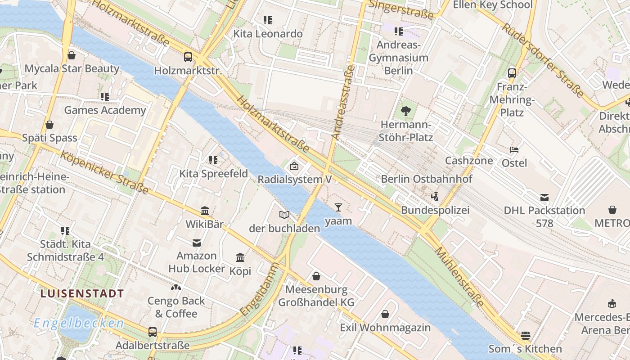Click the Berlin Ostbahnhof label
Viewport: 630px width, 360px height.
[427, 179]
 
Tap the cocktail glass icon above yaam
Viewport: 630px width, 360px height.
[338, 207]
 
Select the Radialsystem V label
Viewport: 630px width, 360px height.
[294, 179]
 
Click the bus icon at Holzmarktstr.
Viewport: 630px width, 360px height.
[188, 57]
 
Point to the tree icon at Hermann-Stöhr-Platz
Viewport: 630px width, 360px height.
[406, 111]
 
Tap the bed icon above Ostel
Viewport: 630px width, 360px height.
[514, 149]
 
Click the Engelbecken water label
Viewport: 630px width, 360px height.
[79, 323]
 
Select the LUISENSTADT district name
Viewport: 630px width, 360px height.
[82, 294]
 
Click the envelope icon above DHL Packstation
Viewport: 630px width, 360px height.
[544, 197]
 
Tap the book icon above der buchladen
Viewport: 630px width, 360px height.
[284, 215]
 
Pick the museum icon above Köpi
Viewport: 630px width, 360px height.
[240, 258]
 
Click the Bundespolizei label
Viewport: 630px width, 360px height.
[435, 210]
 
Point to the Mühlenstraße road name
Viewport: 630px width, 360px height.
[459, 276]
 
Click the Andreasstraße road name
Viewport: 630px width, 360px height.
[343, 102]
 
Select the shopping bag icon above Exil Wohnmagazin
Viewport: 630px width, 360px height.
[385, 314]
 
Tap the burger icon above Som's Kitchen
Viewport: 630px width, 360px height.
[525, 335]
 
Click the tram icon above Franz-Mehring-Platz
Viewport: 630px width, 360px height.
[512, 73]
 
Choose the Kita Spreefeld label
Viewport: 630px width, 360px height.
[213, 174]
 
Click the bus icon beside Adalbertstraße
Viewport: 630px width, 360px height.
[153, 332]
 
